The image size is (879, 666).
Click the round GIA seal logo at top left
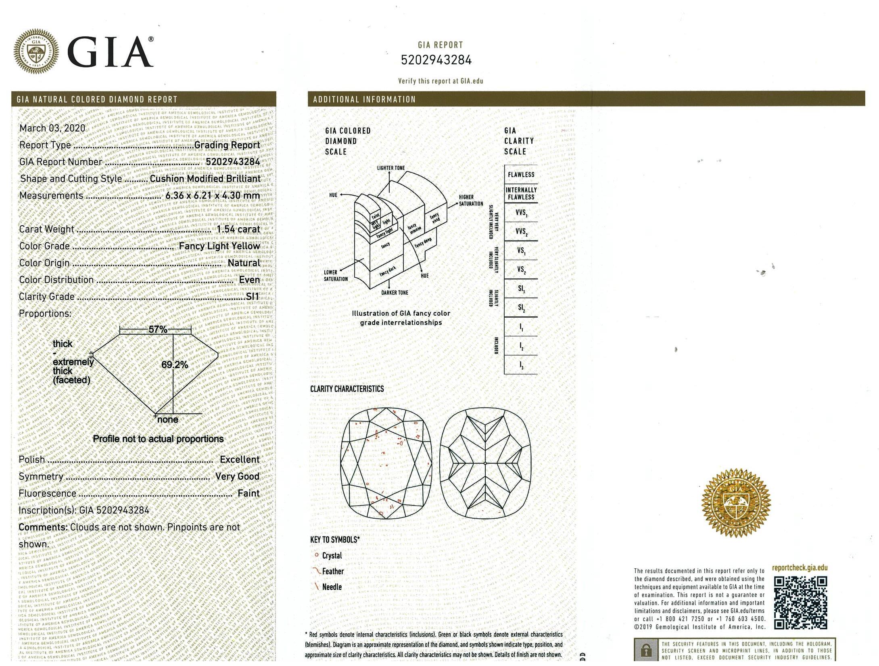coord(36,52)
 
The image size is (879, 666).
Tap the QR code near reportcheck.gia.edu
coord(800,603)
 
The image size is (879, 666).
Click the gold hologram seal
coord(736,503)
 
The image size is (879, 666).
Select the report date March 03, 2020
coord(52,128)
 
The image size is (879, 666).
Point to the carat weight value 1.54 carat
coord(238,229)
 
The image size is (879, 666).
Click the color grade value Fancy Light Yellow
coord(219,246)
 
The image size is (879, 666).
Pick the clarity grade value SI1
coord(253,297)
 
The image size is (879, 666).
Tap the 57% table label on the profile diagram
coord(158,329)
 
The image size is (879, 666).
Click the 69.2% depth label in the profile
coord(175,365)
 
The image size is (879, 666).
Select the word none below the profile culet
coord(168,420)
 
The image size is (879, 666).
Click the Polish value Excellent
coord(239,460)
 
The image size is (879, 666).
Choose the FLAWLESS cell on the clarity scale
coord(521,175)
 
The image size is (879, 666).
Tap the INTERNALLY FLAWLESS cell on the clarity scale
coord(521,194)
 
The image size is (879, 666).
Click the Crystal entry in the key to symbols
coord(332,556)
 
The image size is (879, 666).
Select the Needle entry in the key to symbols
coord(332,587)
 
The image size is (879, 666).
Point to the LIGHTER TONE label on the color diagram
coord(390,168)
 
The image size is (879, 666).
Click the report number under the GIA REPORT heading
coord(436,60)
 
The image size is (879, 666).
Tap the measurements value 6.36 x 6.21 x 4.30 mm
coord(213,196)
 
